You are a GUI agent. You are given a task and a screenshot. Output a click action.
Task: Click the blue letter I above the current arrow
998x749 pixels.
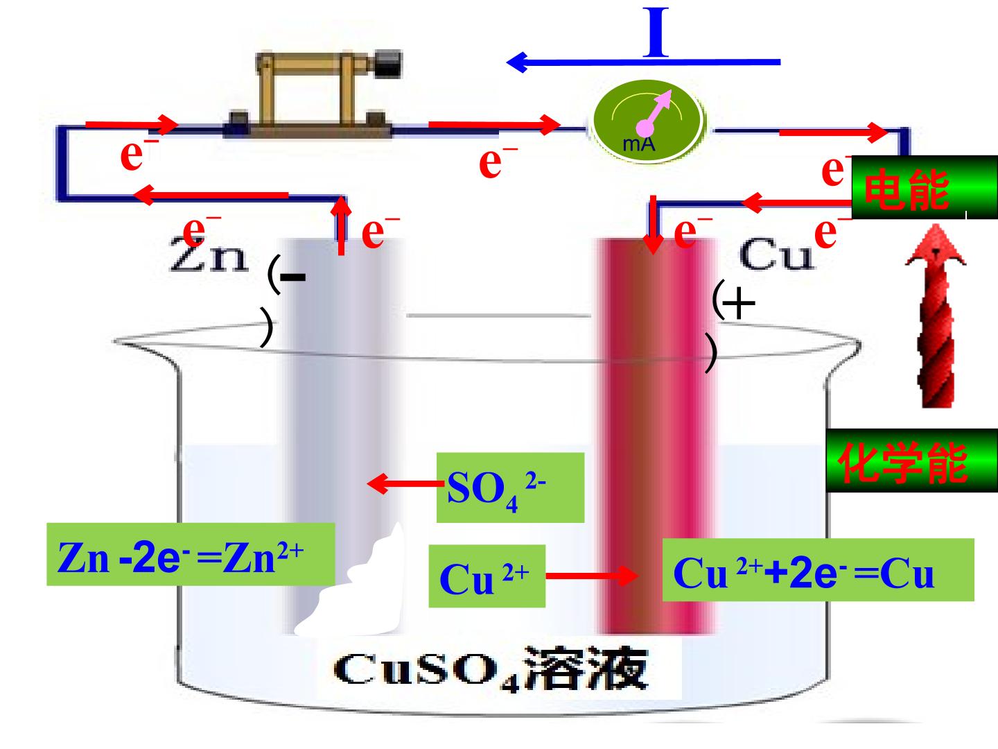tap(656, 32)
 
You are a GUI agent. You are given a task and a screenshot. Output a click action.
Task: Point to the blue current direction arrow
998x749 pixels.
tap(643, 62)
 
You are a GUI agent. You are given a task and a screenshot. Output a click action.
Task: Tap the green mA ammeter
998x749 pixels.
tap(647, 121)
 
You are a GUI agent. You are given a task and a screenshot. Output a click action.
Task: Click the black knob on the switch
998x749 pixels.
tap(388, 64)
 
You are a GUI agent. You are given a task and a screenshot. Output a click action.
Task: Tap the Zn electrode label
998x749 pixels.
tap(209, 255)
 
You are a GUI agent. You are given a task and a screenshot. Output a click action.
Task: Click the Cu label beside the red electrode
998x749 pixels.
tap(777, 255)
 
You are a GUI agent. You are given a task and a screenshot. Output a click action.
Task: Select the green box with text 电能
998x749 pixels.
tap(925, 187)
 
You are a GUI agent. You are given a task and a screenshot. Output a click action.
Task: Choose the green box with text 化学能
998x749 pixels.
tap(911, 460)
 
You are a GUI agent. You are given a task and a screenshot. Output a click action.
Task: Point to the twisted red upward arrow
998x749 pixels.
tap(936, 316)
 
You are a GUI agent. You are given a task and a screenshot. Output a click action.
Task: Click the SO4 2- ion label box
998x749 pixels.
tap(510, 488)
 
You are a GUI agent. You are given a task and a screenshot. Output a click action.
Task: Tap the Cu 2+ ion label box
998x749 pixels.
tap(487, 576)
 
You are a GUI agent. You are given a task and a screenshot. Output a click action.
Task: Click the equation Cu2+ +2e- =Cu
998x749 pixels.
tap(818, 570)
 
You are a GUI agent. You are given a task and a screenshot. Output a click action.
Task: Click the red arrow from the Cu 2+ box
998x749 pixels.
tap(592, 576)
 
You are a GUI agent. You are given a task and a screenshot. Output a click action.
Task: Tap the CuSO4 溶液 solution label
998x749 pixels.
tap(491, 669)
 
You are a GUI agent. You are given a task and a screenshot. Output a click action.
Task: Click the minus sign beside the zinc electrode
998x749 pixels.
tap(292, 277)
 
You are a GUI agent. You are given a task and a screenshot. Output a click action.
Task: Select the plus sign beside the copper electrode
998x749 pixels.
tap(738, 302)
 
